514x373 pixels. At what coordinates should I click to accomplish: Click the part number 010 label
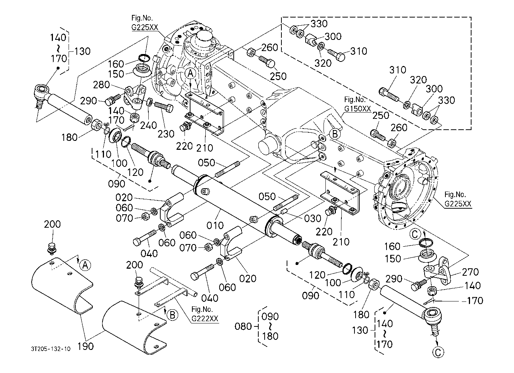(215, 225)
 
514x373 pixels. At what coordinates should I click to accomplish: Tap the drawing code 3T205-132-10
(51, 349)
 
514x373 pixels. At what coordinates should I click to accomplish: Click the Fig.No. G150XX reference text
(357, 104)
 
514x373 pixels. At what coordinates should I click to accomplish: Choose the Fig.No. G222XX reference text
(205, 314)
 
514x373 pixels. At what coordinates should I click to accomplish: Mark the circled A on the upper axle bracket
(190, 73)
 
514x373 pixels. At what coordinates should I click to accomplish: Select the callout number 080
(244, 327)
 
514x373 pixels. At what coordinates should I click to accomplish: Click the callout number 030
(312, 219)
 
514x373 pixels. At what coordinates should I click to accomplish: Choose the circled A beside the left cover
(85, 265)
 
